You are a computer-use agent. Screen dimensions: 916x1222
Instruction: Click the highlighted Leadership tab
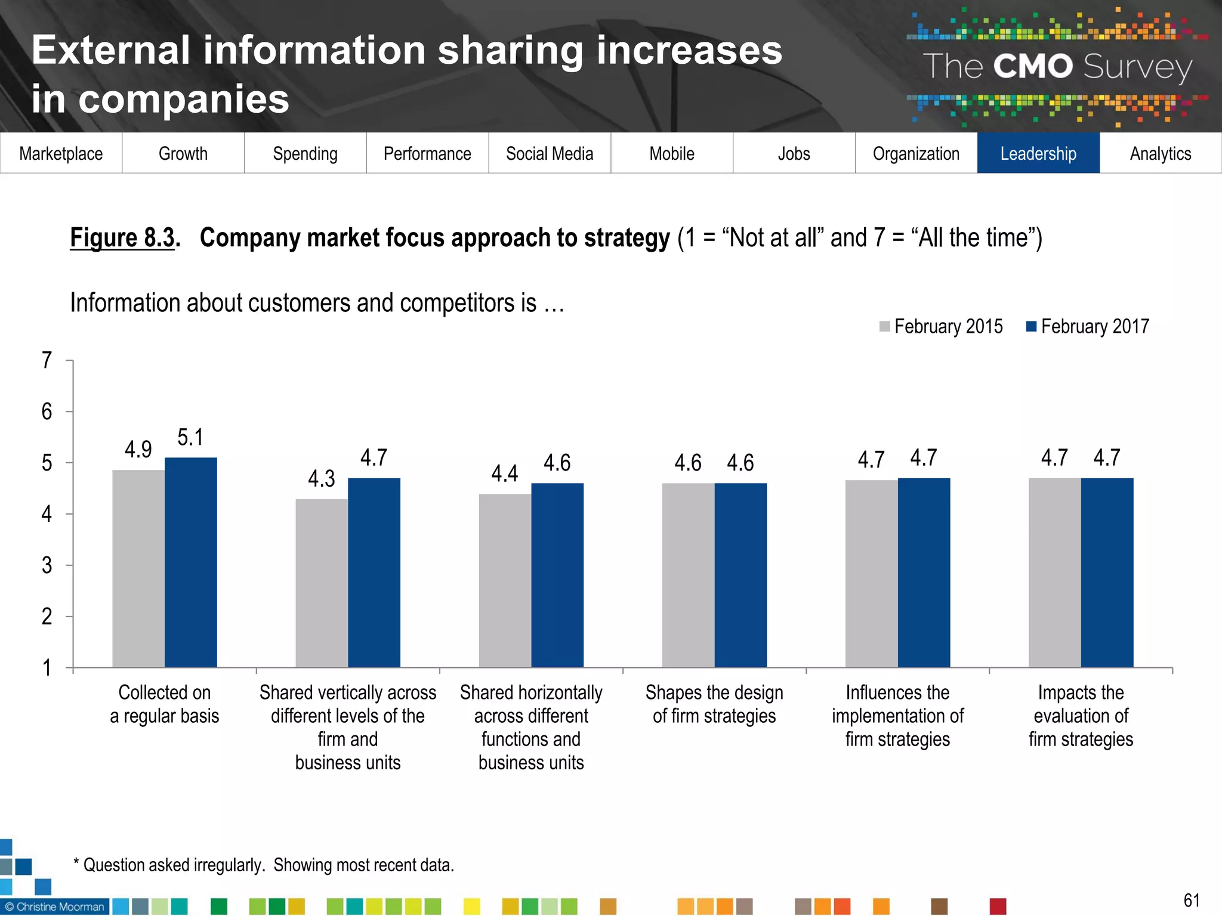click(1038, 153)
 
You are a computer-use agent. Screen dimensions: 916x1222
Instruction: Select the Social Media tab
click(550, 153)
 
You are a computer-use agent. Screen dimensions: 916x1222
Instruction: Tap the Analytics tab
click(1161, 153)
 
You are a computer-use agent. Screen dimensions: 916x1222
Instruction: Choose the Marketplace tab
click(61, 153)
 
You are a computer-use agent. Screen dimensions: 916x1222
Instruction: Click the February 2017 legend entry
click(1087, 326)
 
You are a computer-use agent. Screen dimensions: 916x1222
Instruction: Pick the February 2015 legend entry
click(941, 326)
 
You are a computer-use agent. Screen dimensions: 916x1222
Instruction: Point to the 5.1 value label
click(190, 437)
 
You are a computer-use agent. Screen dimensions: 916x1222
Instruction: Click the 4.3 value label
click(321, 478)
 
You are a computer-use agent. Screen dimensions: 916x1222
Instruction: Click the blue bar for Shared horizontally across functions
click(557, 575)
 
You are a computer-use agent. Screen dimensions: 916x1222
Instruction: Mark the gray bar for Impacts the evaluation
click(1054, 572)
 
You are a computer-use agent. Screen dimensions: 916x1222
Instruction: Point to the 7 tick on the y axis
click(47, 360)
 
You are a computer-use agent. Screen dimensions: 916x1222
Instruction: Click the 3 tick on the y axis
click(47, 565)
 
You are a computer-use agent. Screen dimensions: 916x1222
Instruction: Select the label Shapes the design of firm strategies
click(714, 704)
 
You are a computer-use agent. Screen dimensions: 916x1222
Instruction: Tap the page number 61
click(1191, 900)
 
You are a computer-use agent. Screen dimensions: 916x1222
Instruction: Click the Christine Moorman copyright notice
click(55, 906)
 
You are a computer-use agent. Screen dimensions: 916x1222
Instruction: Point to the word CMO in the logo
click(1033, 66)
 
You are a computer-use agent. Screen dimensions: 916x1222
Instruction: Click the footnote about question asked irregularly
click(264, 865)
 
